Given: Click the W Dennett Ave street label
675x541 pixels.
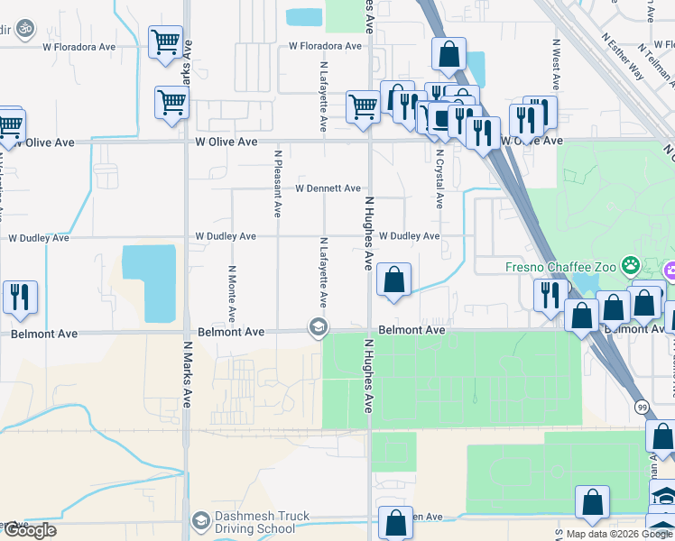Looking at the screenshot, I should [328, 188].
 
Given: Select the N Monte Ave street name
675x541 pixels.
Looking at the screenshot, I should [232, 294].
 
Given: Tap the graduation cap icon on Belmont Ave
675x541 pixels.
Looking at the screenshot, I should [318, 327].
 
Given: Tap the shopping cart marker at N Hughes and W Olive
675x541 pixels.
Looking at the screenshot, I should [363, 106].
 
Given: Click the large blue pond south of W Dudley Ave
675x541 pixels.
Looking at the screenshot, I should [149, 282].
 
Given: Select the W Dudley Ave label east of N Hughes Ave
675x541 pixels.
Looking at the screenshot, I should [409, 236].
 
